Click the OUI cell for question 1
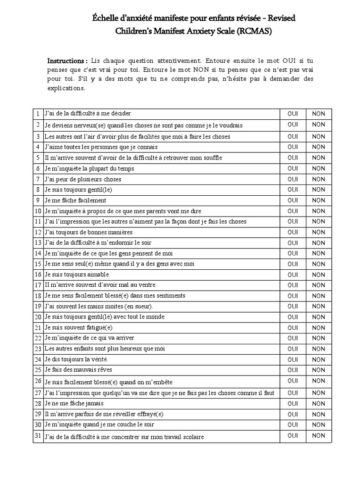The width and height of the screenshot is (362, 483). coord(292,114)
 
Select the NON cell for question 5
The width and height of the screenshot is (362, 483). coord(319,158)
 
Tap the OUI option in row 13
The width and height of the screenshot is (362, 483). coord(292,242)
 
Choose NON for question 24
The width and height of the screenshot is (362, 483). coord(319,359)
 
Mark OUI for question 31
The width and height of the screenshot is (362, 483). coord(292,435)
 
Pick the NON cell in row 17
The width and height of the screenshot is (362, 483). coord(319,285)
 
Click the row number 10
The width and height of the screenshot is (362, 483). coord(38,211)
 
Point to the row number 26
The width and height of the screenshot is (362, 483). coord(38,381)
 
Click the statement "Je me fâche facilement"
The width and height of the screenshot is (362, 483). coord(75,200)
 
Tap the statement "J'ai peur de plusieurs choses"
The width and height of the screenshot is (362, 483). coord(82,179)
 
